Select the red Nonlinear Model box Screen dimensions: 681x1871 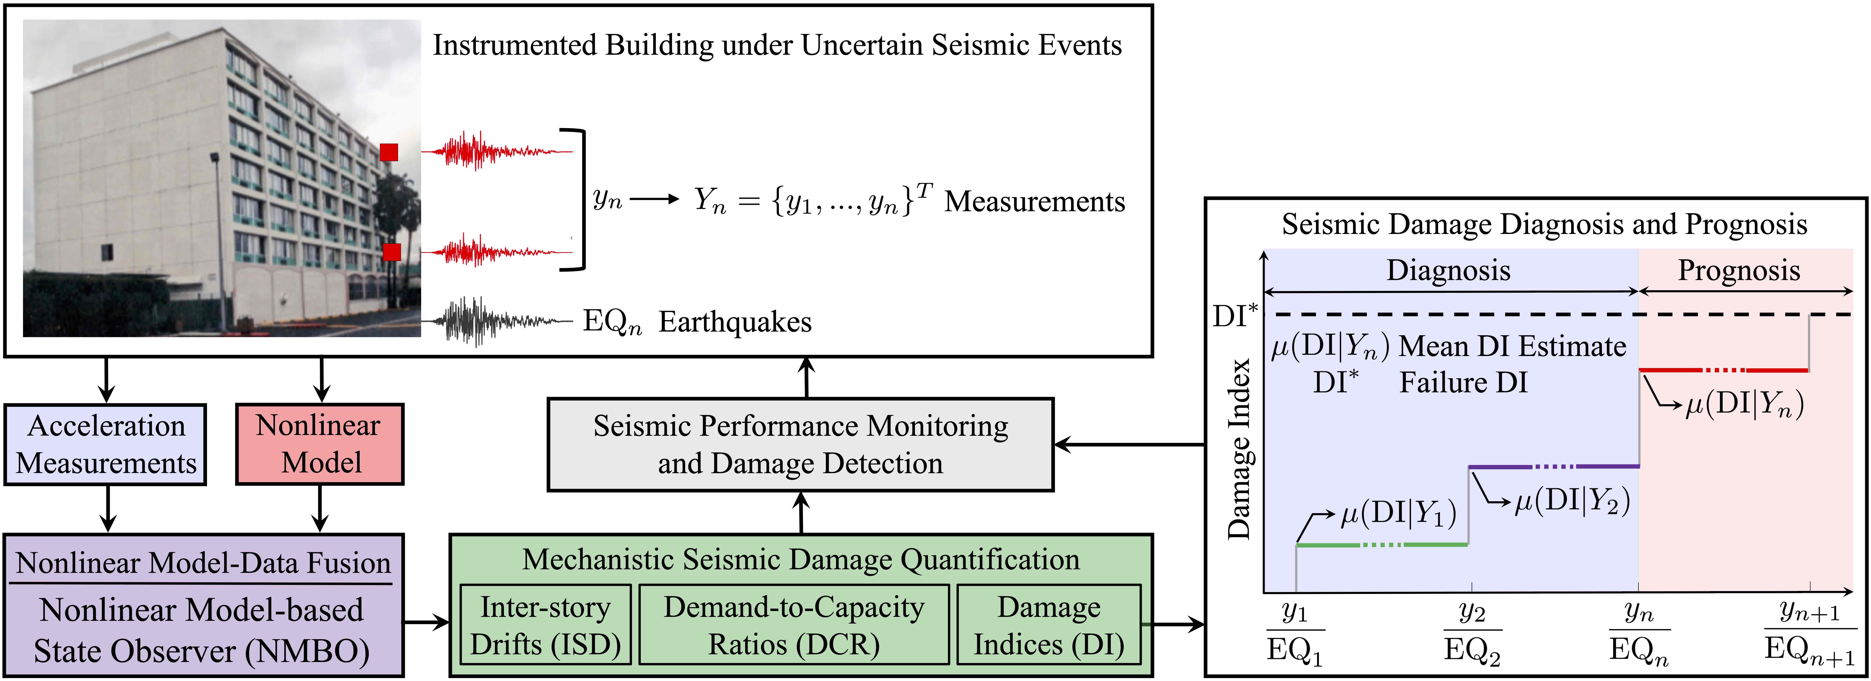pyautogui.click(x=320, y=444)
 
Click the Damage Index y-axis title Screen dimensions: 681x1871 pyautogui.click(x=1239, y=448)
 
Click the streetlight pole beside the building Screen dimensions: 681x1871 pyautogui.click(x=219, y=240)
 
